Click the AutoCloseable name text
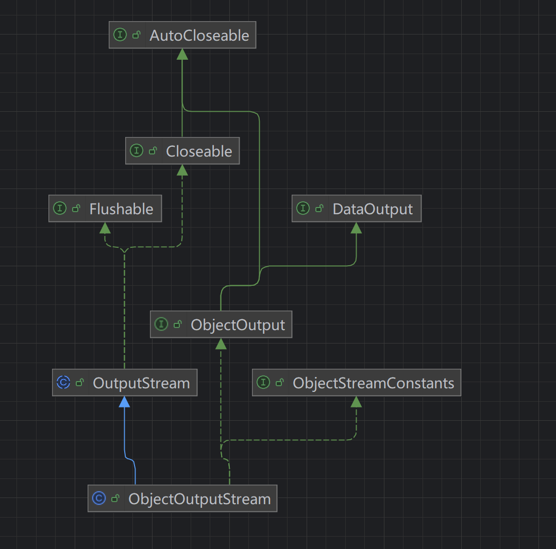(x=199, y=36)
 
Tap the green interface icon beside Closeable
(x=137, y=151)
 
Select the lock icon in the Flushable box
(x=76, y=209)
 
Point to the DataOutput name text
(x=373, y=209)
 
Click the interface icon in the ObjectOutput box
(x=161, y=324)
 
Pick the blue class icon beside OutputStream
(x=63, y=383)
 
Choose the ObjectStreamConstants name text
(x=373, y=383)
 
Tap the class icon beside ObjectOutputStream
(x=99, y=499)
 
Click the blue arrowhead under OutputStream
(x=124, y=402)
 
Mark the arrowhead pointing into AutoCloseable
(x=182, y=54)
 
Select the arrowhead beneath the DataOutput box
(x=356, y=228)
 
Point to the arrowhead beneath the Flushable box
(x=105, y=228)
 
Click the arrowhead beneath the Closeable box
(x=182, y=170)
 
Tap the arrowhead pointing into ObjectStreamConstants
(x=356, y=402)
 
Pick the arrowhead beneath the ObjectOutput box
(x=221, y=344)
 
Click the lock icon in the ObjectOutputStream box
(x=115, y=499)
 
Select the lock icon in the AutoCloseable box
(x=137, y=35)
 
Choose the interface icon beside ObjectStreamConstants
(x=263, y=383)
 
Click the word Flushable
(x=121, y=209)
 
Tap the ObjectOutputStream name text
(x=199, y=499)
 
